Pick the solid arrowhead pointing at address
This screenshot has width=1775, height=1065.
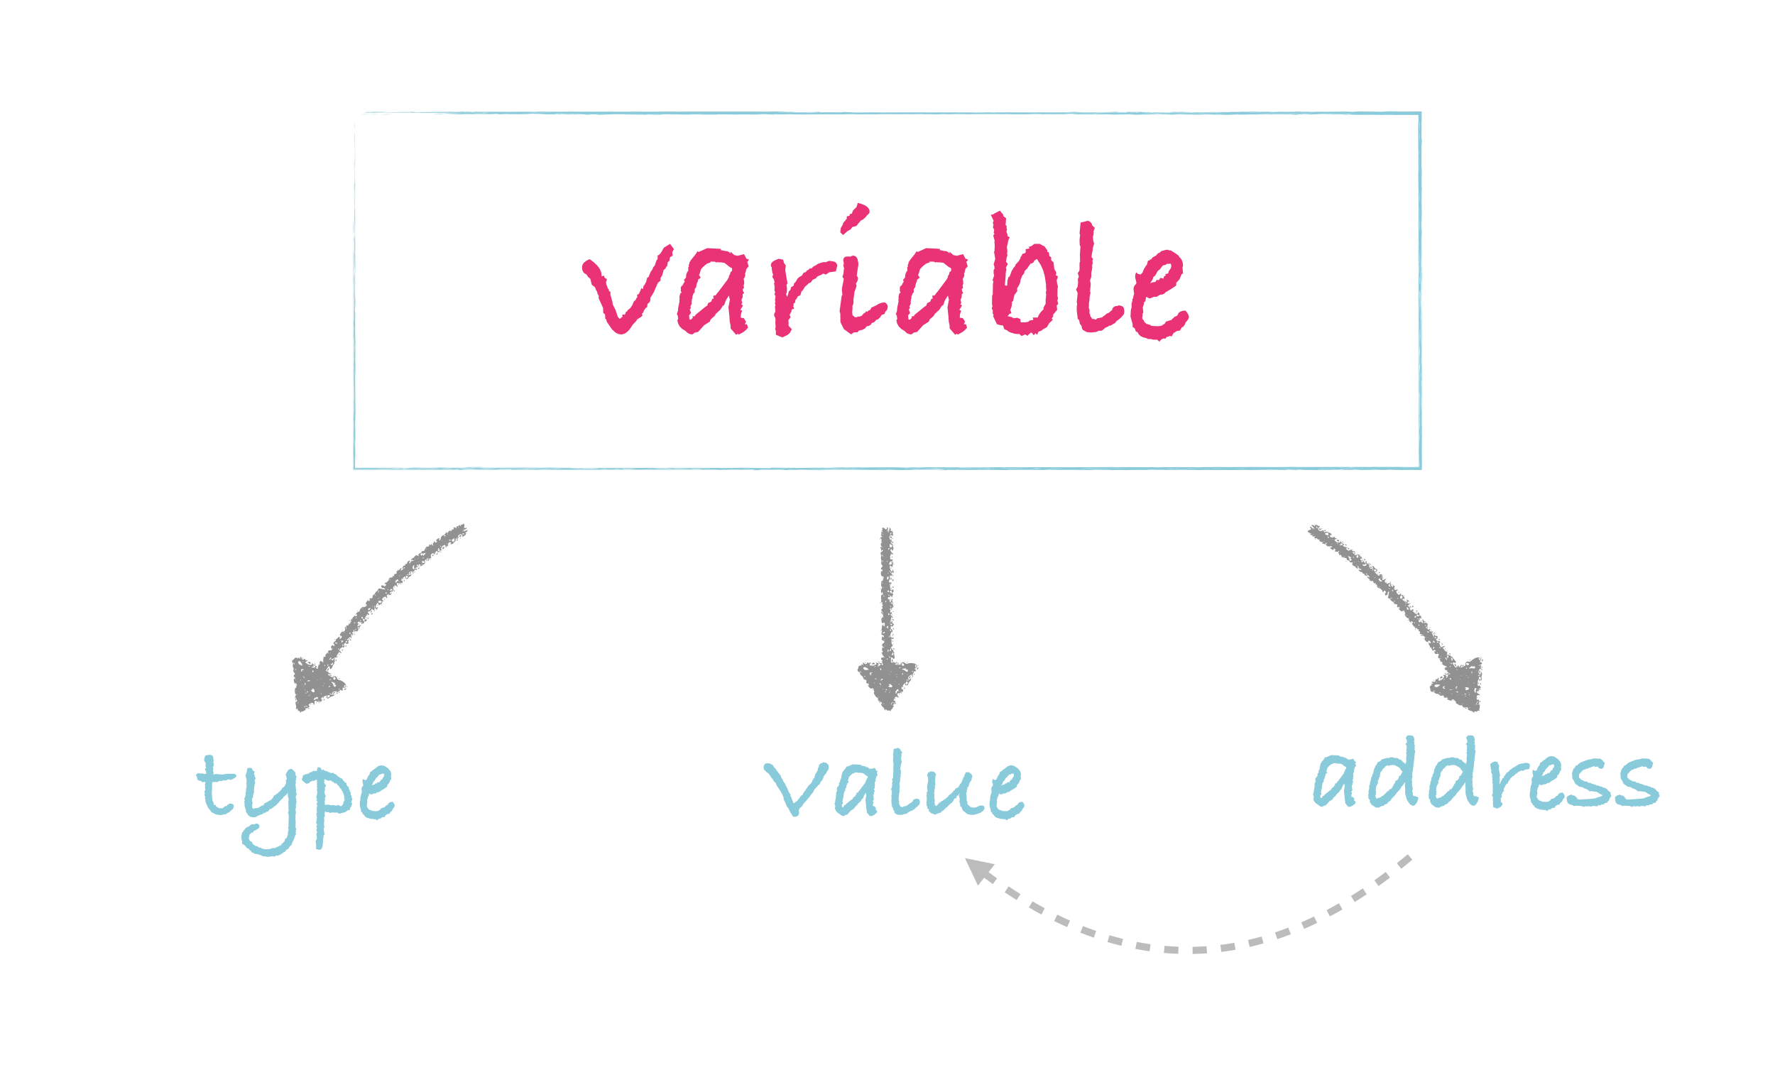pos(1460,683)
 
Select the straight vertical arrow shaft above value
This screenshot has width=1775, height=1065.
pos(887,596)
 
